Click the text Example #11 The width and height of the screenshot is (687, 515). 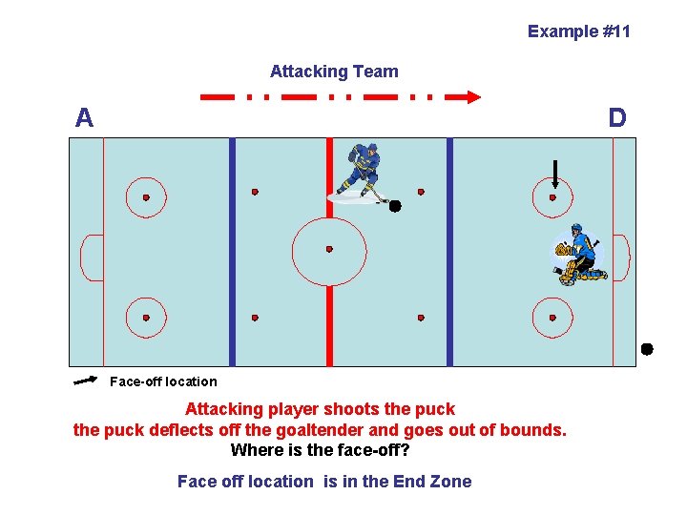coord(578,31)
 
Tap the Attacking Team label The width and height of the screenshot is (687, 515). coord(334,72)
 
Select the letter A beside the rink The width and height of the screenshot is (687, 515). coord(85,118)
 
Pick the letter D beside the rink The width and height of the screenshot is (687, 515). coord(617,118)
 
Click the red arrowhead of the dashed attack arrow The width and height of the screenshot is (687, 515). coord(471,96)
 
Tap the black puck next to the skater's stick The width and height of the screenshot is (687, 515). coord(394,206)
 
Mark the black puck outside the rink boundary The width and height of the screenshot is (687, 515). coord(646,349)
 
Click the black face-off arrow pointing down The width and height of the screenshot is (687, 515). coord(555,174)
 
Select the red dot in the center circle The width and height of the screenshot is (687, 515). coord(329,250)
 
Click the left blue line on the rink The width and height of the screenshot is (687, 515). coord(232,252)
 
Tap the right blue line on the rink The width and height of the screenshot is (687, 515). coord(449,252)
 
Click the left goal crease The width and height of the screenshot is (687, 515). coord(93,257)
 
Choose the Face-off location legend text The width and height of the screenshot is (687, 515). coord(163,381)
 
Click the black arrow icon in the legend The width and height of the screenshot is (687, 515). coord(85,381)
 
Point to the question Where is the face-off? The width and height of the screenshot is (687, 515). coord(320,450)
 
